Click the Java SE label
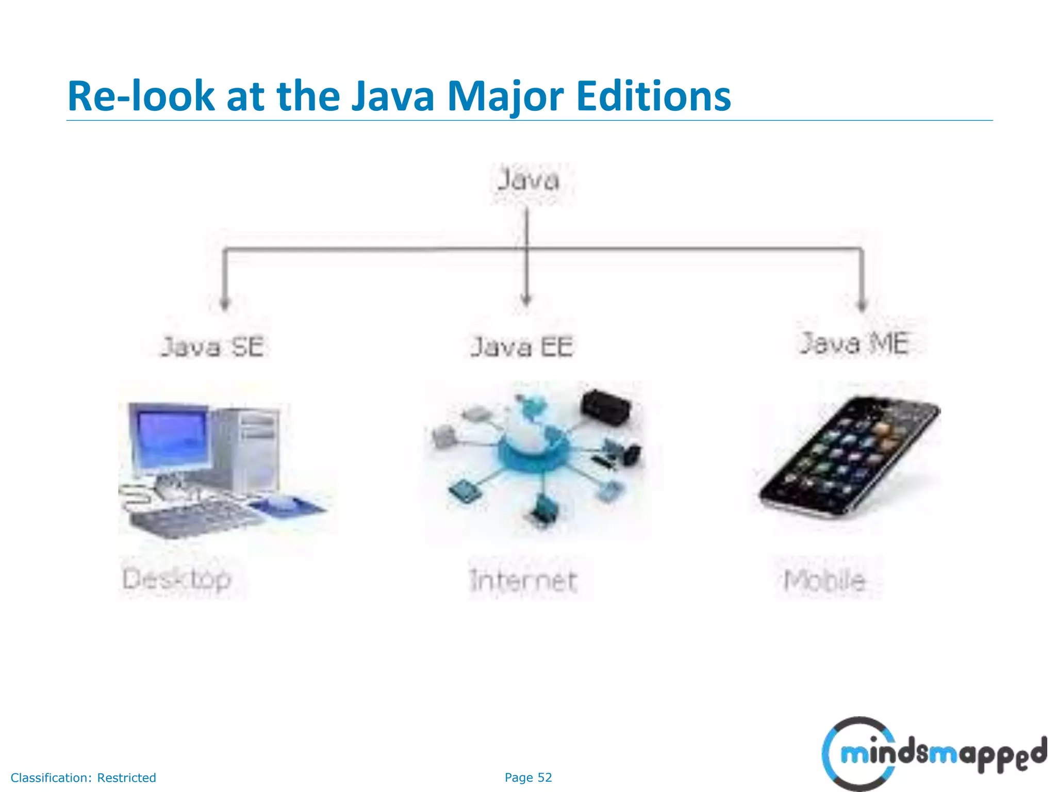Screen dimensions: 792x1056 [x=213, y=346]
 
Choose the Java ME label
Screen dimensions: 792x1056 [x=854, y=343]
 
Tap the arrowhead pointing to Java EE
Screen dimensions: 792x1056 [x=526, y=300]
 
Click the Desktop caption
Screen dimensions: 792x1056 [x=177, y=579]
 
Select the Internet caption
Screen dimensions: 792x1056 [x=523, y=581]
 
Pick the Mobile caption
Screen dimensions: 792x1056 [x=824, y=581]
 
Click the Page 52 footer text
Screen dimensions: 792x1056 [x=528, y=778]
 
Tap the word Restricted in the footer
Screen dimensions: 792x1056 [x=126, y=778]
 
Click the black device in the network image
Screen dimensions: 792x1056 [x=606, y=405]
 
